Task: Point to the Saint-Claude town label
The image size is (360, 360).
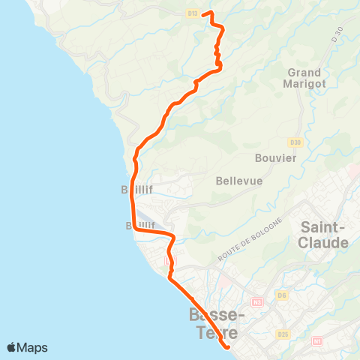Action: (324, 234)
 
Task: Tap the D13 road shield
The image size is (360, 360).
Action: (193, 13)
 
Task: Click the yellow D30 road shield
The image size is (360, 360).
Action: (295, 142)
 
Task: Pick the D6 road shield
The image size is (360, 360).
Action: (282, 295)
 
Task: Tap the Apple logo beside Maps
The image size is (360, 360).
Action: (12, 347)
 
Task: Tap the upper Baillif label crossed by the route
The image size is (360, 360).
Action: (138, 190)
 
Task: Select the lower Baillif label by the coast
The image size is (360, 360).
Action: (140, 224)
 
